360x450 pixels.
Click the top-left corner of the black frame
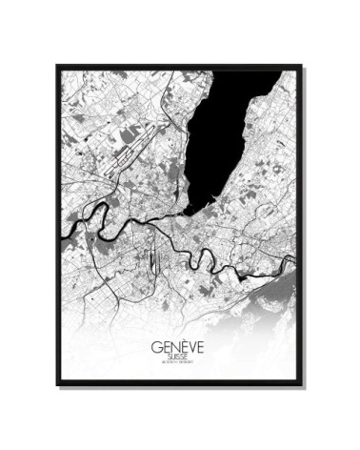(58, 66)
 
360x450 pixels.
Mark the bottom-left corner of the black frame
(58, 385)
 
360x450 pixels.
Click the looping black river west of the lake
(90, 229)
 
